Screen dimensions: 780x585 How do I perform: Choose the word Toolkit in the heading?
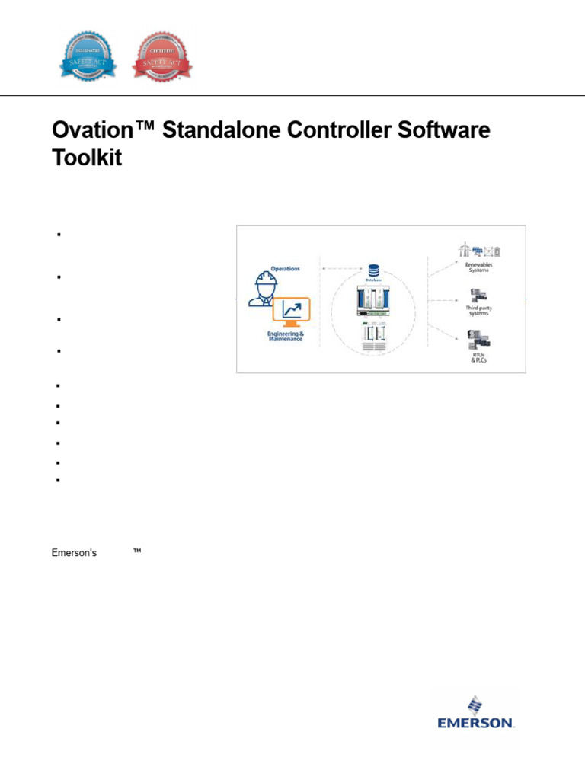87,159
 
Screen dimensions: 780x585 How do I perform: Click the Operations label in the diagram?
286,268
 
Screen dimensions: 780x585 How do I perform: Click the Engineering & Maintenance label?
286,335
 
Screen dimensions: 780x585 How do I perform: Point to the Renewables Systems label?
479,267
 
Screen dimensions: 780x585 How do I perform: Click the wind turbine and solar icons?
480,251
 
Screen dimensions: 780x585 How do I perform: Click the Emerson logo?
475,711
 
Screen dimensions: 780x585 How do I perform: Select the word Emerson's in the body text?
74,553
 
